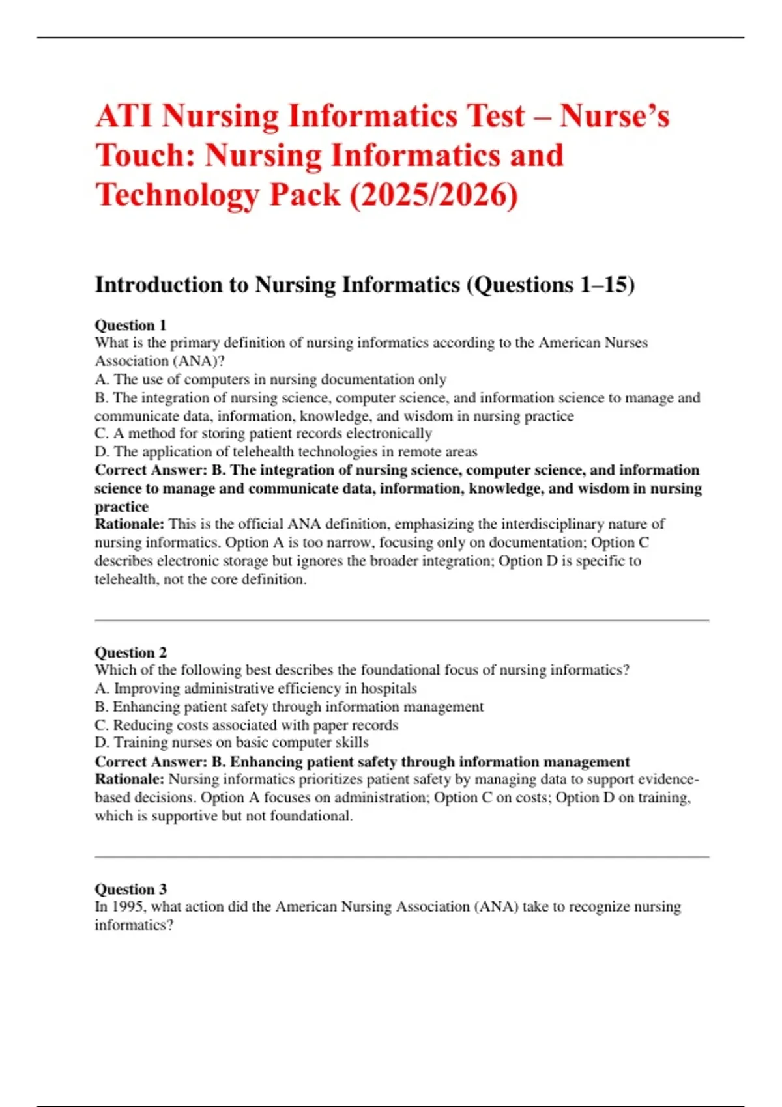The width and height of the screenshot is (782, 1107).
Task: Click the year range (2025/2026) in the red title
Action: (x=434, y=195)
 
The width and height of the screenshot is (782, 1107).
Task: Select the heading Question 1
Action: (x=131, y=325)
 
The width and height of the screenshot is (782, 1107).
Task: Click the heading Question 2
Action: (x=131, y=652)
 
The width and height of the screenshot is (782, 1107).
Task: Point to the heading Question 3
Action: (x=131, y=889)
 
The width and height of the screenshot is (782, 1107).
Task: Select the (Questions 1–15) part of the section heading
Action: (x=551, y=285)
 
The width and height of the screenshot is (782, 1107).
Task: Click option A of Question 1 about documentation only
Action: (x=270, y=379)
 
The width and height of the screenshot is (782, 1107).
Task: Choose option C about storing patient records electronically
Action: (x=263, y=434)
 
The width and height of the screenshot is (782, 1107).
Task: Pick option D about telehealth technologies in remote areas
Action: (x=286, y=452)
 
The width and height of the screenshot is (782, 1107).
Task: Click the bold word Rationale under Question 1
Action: (x=129, y=524)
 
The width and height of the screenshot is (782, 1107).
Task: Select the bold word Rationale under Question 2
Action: (x=129, y=779)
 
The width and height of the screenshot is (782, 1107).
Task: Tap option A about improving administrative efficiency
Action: (x=256, y=688)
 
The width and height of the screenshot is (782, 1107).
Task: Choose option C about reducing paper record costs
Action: (x=246, y=725)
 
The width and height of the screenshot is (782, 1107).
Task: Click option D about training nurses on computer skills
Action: (x=232, y=742)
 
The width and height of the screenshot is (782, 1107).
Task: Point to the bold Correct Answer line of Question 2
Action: (x=362, y=762)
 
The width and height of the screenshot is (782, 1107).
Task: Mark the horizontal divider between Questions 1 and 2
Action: (x=401, y=621)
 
